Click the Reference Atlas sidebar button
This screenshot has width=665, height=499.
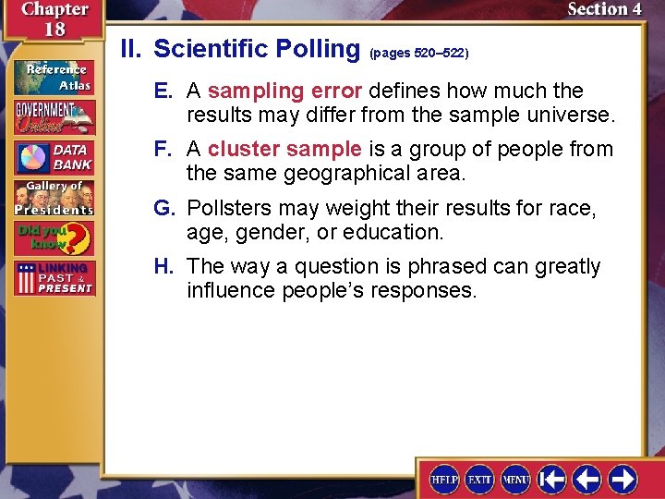[x=54, y=77]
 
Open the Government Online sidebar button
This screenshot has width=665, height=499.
[x=54, y=116]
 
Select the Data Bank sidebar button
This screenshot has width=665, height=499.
[x=54, y=158]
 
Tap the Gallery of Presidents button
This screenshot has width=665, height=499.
[x=54, y=198]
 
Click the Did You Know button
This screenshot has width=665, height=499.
[x=54, y=238]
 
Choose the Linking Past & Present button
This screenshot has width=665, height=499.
[x=54, y=279]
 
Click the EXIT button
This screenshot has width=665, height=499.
[x=479, y=480]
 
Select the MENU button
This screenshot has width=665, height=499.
[x=515, y=480]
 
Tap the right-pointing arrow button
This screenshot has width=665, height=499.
[x=623, y=480]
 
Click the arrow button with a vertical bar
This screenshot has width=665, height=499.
[x=552, y=480]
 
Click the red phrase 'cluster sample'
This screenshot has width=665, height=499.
[x=284, y=149]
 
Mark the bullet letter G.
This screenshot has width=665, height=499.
[x=164, y=208]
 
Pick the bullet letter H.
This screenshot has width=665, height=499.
[x=164, y=266]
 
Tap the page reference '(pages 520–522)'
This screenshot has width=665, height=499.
[x=419, y=54]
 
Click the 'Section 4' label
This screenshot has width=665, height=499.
[x=604, y=9]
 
